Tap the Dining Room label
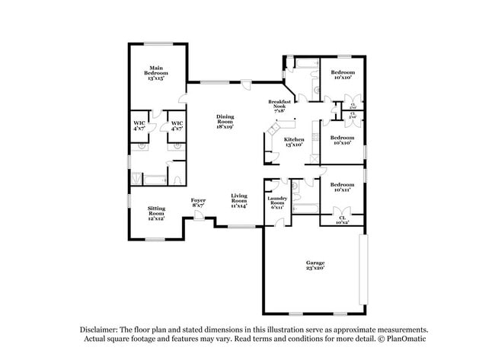point(225,120)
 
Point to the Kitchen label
point(294,142)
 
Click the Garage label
point(315,265)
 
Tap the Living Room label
point(239,199)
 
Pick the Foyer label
point(198,202)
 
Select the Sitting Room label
point(157,211)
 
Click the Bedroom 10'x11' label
point(342,187)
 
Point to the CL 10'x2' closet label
point(342,220)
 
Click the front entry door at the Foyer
point(198,218)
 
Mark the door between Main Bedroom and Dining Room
point(180,97)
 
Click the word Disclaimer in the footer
point(101,330)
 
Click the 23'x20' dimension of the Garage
point(315,269)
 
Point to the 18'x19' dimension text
point(225,126)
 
